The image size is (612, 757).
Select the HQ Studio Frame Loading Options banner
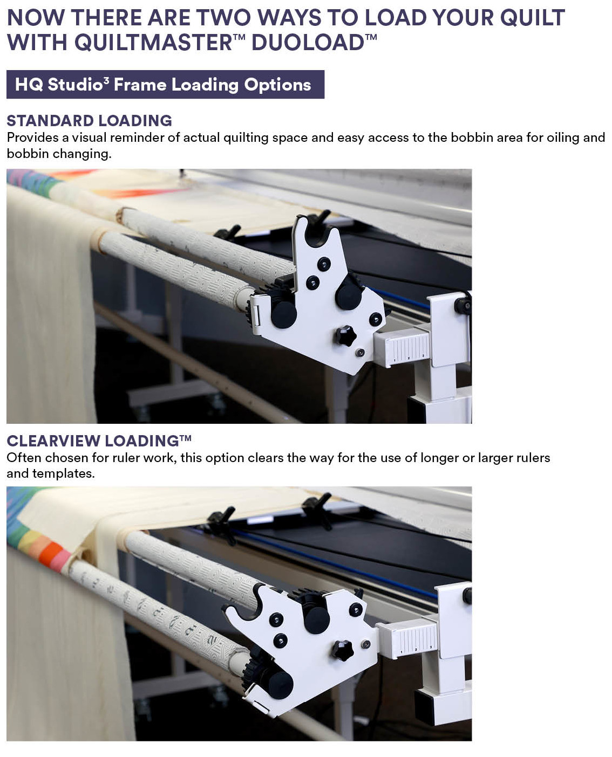pos(165,84)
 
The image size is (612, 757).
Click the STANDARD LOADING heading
pos(89,121)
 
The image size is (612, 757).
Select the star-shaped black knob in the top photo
pos(345,335)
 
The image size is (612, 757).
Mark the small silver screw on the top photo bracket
pos(360,353)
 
